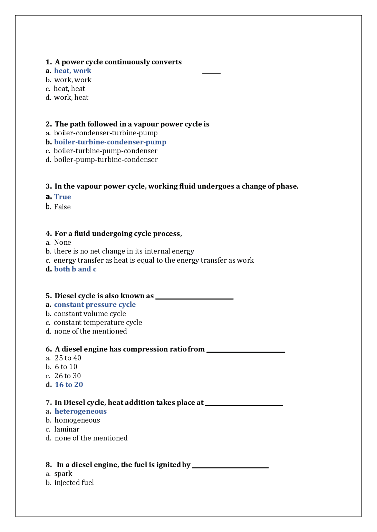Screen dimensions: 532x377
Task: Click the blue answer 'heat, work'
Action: pos(72,71)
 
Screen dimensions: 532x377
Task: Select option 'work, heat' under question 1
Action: pos(71,98)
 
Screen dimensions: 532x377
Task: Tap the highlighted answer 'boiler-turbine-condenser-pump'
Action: pos(110,142)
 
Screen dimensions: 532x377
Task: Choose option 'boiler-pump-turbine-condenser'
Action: pos(106,160)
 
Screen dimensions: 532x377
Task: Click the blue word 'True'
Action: pos(62,197)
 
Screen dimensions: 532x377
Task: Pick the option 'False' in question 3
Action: pos(62,207)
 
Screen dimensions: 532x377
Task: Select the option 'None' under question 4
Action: pos(62,243)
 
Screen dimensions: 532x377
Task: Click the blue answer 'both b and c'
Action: pos(75,269)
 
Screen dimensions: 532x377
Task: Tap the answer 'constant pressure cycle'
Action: pos(95,305)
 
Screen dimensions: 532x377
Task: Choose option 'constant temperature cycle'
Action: pos(98,323)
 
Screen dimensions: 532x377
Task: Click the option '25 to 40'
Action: pos(68,358)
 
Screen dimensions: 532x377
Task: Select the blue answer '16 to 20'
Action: pos(69,385)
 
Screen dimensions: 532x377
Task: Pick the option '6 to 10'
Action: pos(66,367)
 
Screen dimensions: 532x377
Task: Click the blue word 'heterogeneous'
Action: pos(80,411)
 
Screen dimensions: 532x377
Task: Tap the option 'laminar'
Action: pos(67,429)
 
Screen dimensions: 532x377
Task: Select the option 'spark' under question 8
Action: pos(63,474)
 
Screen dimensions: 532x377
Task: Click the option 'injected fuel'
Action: pos(74,483)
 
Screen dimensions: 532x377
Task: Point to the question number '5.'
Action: pos(49,296)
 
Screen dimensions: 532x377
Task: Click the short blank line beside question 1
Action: pos(211,73)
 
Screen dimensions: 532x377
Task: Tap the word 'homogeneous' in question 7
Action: pos(77,420)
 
